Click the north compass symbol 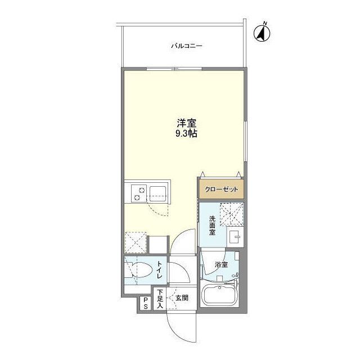[262, 34]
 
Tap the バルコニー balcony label [186, 46]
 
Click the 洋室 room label [186, 124]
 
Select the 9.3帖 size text [186, 134]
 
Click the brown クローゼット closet [221, 190]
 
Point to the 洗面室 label [212, 226]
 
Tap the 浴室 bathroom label [221, 265]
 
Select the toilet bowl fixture [142, 270]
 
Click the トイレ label [160, 270]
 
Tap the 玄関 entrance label [182, 298]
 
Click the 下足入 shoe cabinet [160, 299]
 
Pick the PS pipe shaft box [146, 303]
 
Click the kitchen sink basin [157, 194]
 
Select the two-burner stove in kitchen [139, 194]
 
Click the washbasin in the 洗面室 [234, 236]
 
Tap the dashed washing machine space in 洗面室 [231, 214]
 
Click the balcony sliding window [174, 69]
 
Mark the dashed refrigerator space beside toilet [136, 242]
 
